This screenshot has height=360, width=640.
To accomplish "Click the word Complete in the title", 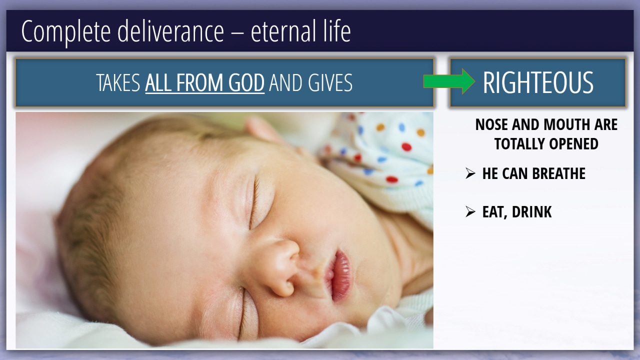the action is [66, 31].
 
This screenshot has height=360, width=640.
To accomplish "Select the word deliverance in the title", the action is [170, 31].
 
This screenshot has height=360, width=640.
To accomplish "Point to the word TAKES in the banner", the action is [118, 83].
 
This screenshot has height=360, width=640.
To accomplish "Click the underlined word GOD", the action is [246, 83].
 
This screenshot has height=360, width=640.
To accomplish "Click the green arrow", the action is [449, 81].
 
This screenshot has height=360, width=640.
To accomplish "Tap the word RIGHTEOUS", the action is [538, 82].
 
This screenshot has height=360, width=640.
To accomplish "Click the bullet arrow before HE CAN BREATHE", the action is [470, 173].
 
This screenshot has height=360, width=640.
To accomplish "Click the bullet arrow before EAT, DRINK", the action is [470, 211].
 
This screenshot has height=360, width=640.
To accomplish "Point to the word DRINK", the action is [531, 212].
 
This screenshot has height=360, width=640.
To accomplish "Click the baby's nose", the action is [281, 267].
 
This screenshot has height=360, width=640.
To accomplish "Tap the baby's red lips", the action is [338, 275].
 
